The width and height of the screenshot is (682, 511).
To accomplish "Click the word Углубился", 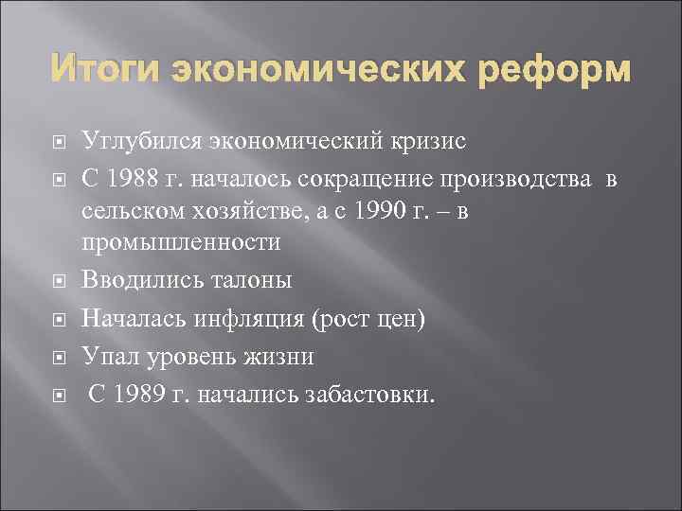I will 139,143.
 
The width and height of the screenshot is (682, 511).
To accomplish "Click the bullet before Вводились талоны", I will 59,282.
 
